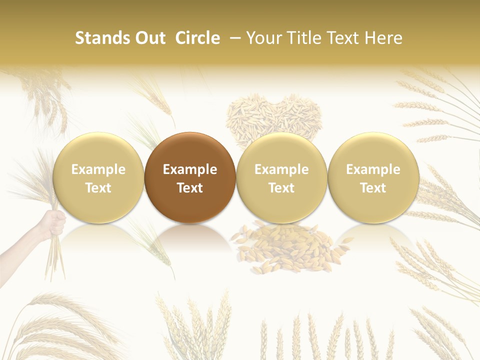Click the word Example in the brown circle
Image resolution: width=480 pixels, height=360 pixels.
coord(190,169)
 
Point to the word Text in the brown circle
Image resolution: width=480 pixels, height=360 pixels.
coord(190,188)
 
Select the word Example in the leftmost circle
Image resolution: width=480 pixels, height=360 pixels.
coord(98,169)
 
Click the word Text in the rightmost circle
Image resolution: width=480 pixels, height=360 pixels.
coord(373,188)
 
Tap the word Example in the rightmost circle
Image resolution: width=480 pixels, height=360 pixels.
coord(373,169)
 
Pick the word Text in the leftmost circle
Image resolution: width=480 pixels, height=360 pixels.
coord(98,188)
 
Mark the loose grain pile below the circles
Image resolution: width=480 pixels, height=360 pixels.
coord(287,247)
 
